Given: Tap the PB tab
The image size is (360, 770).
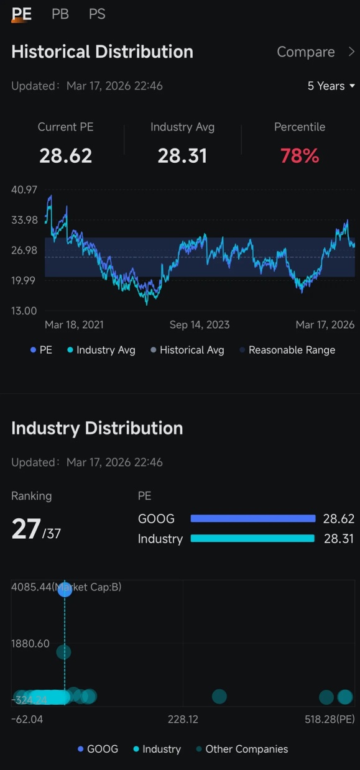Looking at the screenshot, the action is coord(60,14).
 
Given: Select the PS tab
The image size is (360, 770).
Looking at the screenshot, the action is coord(97,14).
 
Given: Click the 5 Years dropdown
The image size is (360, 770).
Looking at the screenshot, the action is coord(331,86).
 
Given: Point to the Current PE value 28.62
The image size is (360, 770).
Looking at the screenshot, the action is coord(66,156).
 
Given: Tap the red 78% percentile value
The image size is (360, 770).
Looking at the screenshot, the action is coord(300,156).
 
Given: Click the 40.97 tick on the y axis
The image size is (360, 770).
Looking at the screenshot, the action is coord(24,190).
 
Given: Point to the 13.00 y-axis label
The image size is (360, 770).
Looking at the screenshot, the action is coord(24,311).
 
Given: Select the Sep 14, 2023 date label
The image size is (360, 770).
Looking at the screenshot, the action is coord(200,325).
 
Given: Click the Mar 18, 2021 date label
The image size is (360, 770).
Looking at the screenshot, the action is coord(74,325).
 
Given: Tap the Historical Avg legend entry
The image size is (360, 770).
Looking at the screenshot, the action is coord(187,350).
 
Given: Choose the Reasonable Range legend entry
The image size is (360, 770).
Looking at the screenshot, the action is coord(287,350).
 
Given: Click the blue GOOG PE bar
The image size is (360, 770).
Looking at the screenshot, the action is coord(253,518).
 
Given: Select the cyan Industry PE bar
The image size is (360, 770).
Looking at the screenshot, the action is coord(252,538).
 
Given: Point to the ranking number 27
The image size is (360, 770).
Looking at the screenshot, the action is coord(26,529).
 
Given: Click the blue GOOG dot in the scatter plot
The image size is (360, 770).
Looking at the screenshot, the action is coord(65,589).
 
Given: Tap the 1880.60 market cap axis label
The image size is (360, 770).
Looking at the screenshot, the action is coord(30,643).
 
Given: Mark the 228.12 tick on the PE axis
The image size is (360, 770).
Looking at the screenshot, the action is coord(183,719).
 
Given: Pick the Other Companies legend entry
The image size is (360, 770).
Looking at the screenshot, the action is coord(242,749).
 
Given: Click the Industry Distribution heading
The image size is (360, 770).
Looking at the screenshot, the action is coord(97,428).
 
